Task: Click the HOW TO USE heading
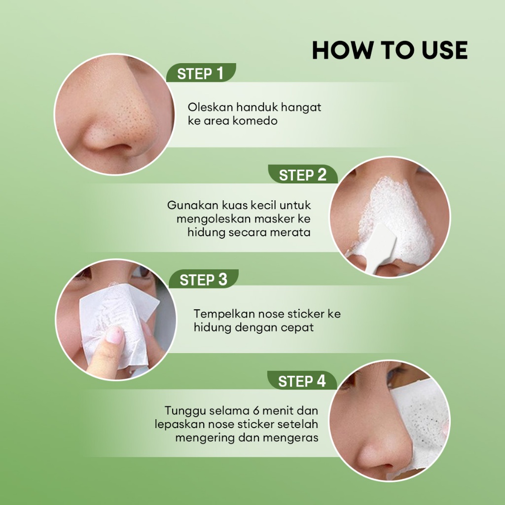tap(390, 50)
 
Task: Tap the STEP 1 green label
tap(201, 73)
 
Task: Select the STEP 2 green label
tap(303, 174)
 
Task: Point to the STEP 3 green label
tap(204, 279)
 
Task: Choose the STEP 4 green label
tap(302, 381)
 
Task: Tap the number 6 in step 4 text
tap(256, 411)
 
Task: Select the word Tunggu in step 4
tap(185, 411)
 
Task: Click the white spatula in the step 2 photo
tap(382, 247)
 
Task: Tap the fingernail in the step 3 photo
tap(114, 334)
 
